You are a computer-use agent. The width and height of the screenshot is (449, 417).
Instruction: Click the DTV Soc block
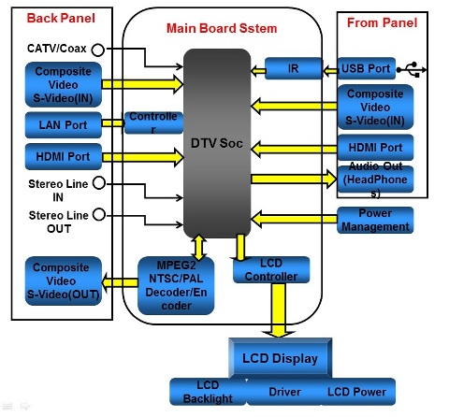(217, 143)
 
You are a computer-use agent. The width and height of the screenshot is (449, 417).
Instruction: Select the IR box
(294, 68)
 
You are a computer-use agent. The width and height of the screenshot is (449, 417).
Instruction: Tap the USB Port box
(367, 68)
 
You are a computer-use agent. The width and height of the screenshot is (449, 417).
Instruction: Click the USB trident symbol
(412, 69)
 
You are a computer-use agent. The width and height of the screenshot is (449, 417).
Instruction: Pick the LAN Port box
(64, 125)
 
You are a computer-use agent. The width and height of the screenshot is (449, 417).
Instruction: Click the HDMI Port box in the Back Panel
(64, 156)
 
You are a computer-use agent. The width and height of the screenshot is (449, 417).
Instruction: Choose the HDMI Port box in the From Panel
(375, 148)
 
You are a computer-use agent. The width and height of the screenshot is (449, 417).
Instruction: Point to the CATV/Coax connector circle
(98, 50)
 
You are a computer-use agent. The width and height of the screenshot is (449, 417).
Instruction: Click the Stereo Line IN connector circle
(99, 183)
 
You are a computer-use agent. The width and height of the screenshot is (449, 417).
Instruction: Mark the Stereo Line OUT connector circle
(99, 214)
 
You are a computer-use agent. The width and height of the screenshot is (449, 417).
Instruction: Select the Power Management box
(375, 220)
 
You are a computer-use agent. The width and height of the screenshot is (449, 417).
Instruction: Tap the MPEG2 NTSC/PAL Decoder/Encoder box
(176, 285)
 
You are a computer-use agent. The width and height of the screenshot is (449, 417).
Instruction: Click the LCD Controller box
(271, 270)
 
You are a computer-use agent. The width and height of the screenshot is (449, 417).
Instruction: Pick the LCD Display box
(280, 358)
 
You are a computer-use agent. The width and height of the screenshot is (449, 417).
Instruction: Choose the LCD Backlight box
(208, 392)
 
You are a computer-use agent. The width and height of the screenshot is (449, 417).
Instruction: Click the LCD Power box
(357, 392)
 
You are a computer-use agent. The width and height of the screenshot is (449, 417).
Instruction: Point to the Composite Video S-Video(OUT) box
(64, 280)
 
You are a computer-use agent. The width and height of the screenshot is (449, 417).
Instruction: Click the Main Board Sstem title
(222, 28)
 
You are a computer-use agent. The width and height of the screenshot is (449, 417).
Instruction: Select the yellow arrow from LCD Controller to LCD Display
(278, 310)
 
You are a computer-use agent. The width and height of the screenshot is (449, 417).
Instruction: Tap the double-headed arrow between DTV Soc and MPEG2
(199, 247)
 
